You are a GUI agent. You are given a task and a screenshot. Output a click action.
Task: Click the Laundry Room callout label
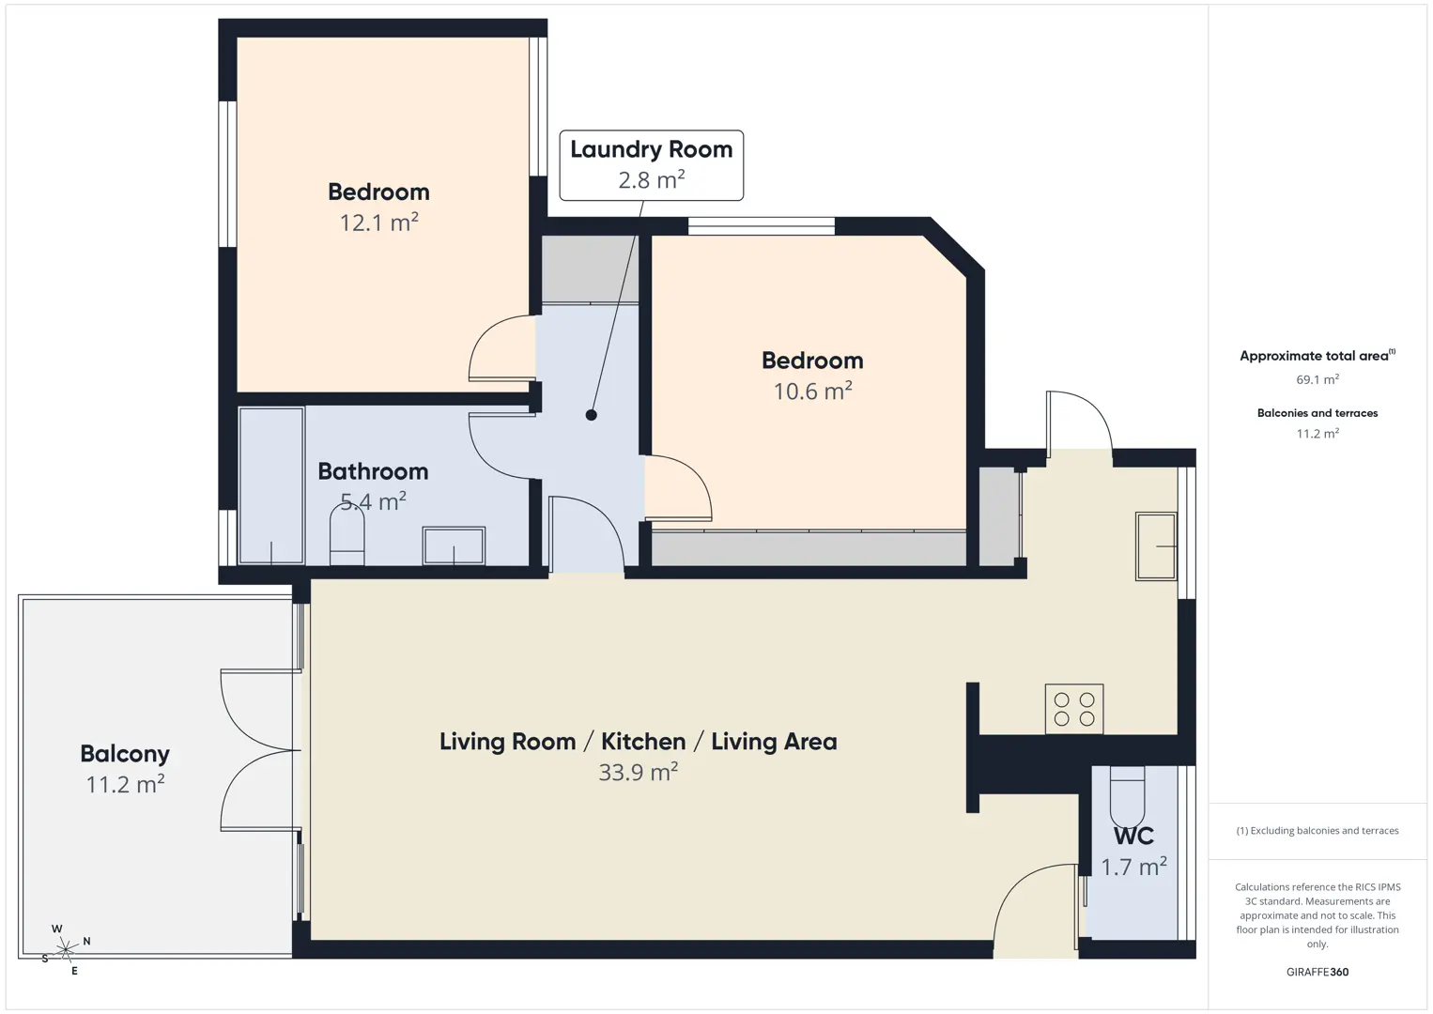coord(652,165)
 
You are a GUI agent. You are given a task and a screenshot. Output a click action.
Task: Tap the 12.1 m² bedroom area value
coord(378,223)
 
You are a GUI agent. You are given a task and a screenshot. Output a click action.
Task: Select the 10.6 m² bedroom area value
coord(812,391)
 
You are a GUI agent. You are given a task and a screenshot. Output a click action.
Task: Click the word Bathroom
coord(373,471)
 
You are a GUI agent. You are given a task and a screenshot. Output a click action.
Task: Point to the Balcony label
coord(125,754)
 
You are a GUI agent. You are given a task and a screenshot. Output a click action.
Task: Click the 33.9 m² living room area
coord(638,772)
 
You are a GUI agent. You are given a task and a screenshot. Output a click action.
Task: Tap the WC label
coord(1133,837)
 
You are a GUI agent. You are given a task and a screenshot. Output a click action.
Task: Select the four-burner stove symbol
coord(1074,709)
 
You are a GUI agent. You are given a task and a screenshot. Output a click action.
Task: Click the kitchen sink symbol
coord(1156,546)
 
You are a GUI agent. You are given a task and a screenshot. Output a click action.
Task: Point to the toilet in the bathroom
coord(347,535)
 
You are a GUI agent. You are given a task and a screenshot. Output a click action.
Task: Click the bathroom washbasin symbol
coord(454,545)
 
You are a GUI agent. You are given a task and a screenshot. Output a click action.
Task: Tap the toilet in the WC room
coord(1127,796)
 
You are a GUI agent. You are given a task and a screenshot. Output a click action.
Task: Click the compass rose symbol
coord(65,948)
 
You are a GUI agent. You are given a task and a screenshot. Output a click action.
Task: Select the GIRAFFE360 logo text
coord(1317,972)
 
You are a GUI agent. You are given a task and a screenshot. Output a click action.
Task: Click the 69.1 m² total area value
coord(1317,379)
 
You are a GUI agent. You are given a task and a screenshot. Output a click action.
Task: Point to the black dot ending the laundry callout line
coord(591,415)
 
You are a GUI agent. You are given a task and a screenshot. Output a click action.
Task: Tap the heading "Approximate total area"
coord(1317,356)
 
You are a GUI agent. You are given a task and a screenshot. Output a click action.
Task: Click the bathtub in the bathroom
coord(271,485)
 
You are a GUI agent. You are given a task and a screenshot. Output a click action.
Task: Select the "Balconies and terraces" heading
coord(1317,413)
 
